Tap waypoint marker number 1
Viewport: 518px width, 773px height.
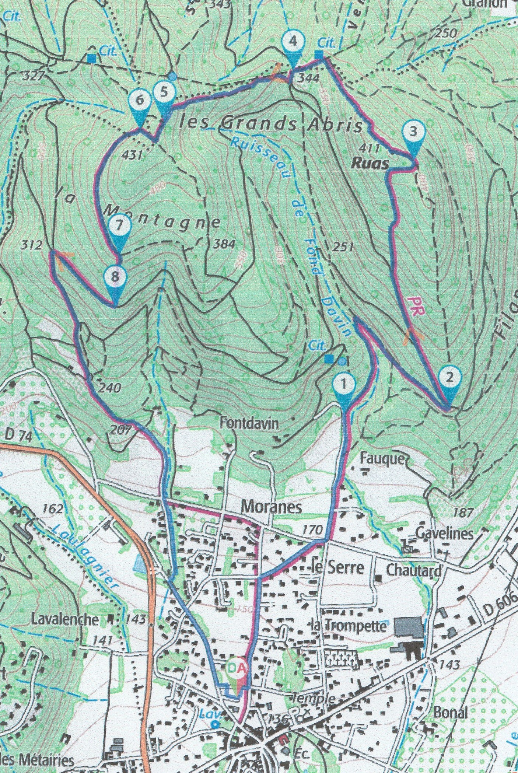click(x=344, y=384)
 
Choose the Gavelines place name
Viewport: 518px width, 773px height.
click(x=444, y=533)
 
